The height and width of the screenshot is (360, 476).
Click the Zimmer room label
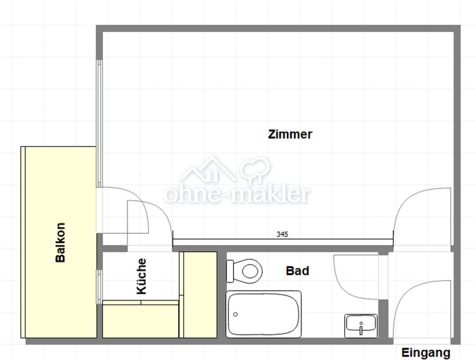tap(290, 134)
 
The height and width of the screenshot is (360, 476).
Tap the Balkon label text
tap(60, 242)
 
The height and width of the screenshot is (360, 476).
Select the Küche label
tap(141, 276)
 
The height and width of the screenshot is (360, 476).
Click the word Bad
tap(297, 270)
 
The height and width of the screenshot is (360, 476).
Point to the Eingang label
tap(426, 353)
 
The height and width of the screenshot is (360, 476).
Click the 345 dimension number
tap(282, 234)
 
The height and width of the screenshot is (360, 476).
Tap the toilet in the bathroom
tap(245, 270)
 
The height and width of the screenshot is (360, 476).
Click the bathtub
tap(264, 314)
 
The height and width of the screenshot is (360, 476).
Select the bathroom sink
tap(361, 326)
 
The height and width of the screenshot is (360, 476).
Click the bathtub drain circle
tap(235, 314)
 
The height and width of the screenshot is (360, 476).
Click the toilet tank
tap(230, 271)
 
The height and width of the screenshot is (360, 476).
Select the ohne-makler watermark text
tap(238, 194)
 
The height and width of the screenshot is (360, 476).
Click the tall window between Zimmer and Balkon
tap(99, 124)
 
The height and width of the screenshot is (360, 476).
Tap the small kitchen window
tap(99, 287)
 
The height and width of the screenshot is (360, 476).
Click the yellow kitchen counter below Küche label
tap(140, 319)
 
